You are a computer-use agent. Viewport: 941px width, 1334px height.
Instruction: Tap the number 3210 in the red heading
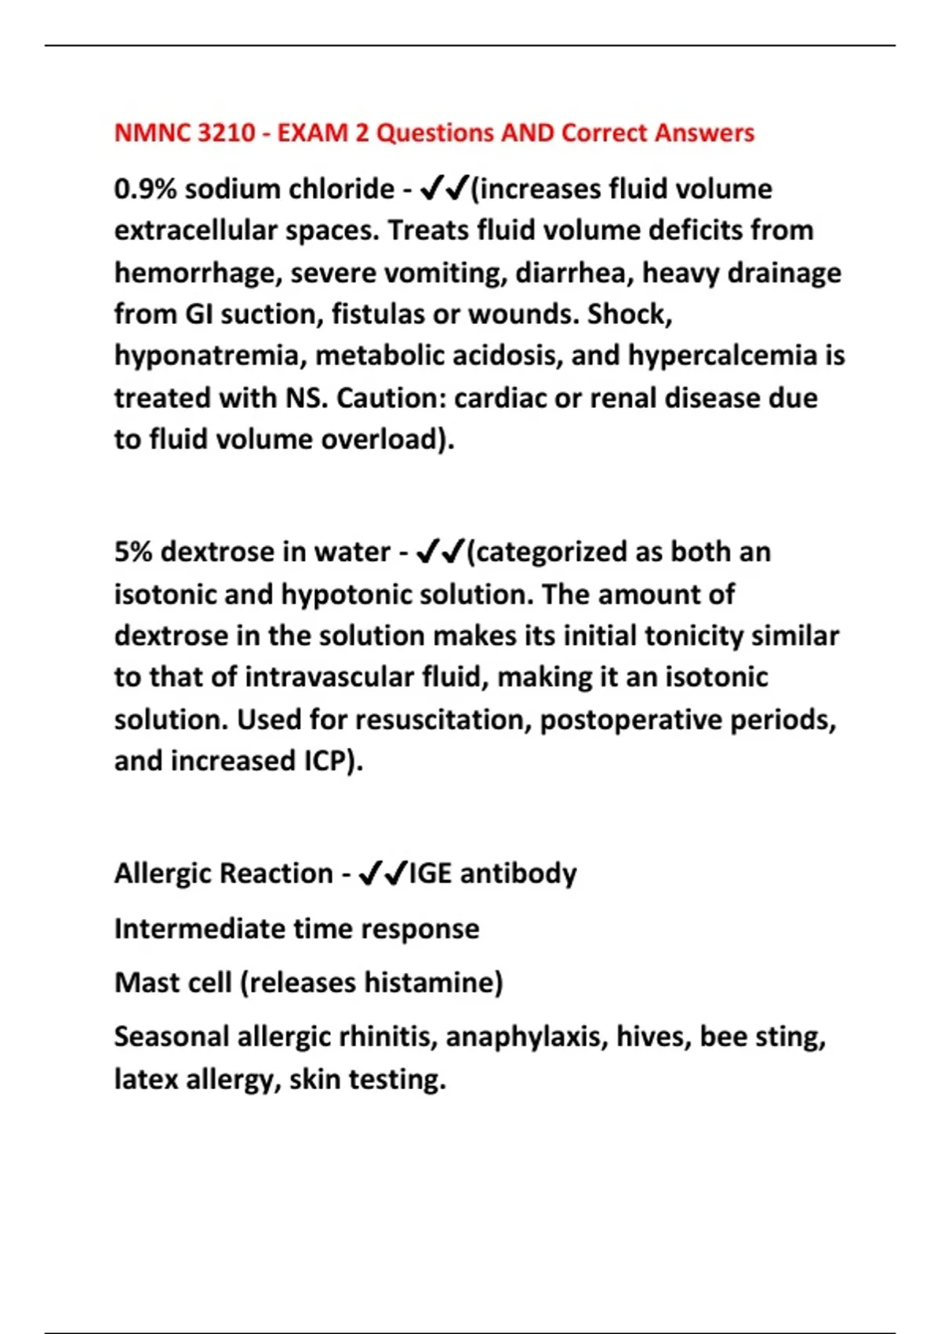click(x=227, y=133)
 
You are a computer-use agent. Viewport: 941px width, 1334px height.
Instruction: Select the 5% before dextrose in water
click(x=133, y=552)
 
